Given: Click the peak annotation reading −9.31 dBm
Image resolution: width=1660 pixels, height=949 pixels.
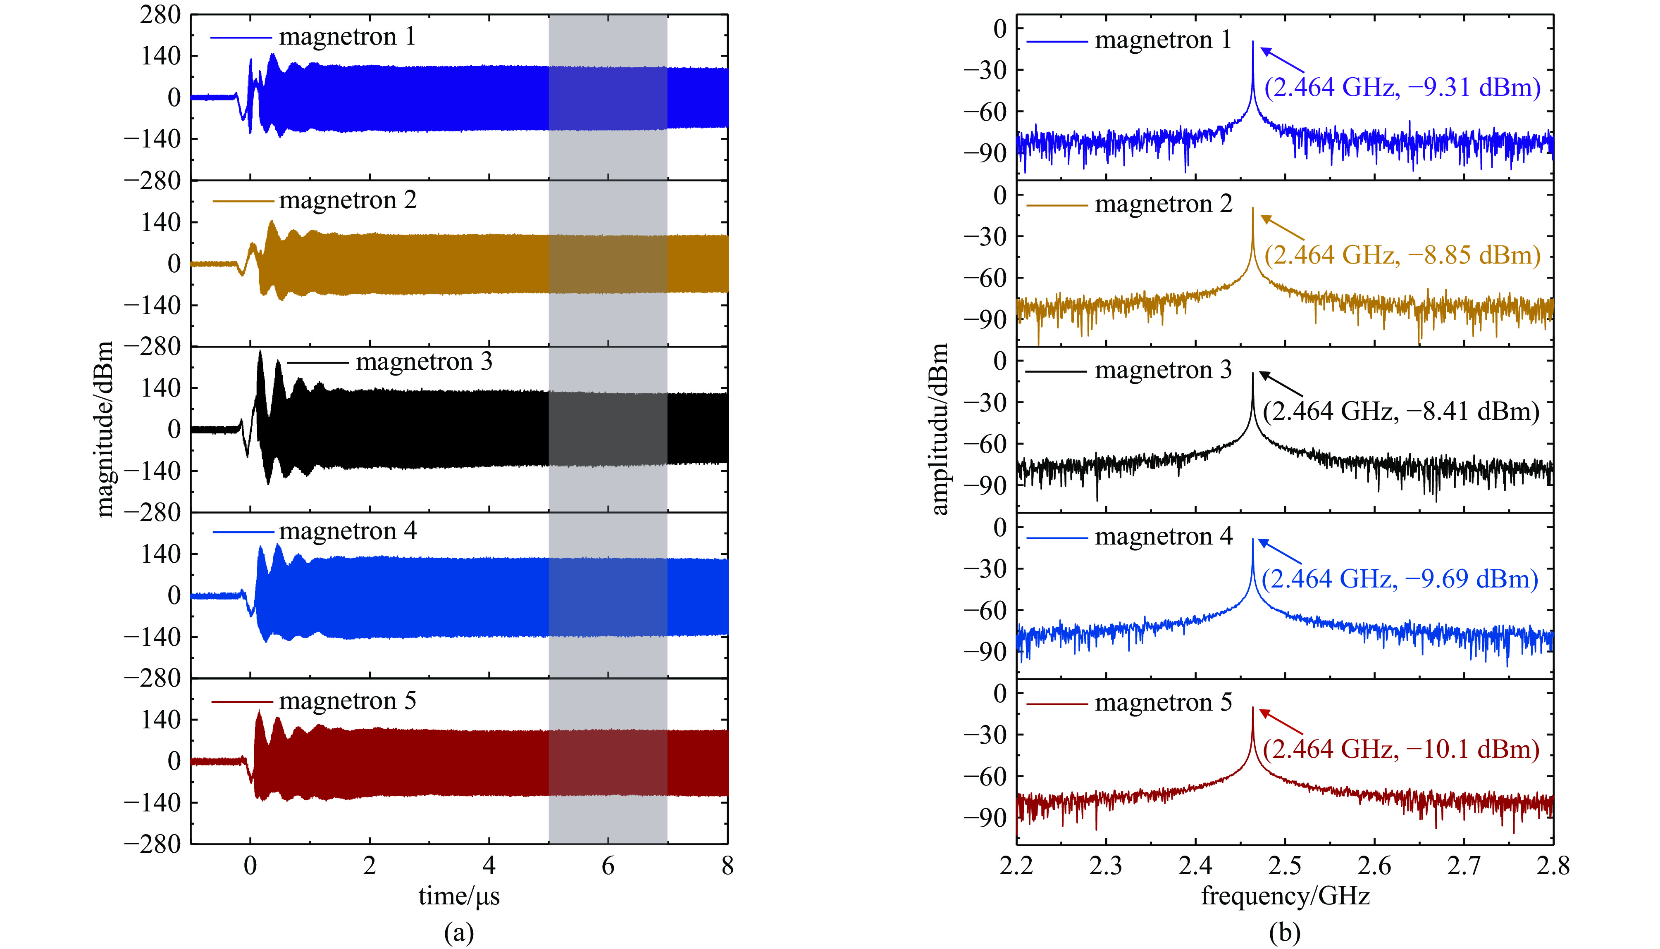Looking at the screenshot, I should (x=1402, y=87).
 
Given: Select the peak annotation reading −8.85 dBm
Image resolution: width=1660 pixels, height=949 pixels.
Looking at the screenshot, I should (x=1402, y=255).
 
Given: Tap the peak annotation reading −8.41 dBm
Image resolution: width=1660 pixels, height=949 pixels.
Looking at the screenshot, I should (x=1400, y=411).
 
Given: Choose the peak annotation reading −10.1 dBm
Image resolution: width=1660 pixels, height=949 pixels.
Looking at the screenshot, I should (x=1400, y=749).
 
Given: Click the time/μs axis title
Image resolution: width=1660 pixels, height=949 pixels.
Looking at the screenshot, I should (x=459, y=896).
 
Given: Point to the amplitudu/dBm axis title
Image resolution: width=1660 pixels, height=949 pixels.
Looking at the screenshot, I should (x=939, y=429).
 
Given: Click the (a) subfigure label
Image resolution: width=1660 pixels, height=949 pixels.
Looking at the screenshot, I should (x=459, y=933).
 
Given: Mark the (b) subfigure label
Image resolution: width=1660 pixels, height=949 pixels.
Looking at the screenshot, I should (x=1284, y=933).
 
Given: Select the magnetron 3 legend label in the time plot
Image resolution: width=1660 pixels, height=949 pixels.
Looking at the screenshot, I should (x=424, y=362).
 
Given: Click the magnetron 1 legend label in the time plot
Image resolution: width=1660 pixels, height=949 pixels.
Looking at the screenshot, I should (x=347, y=37).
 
